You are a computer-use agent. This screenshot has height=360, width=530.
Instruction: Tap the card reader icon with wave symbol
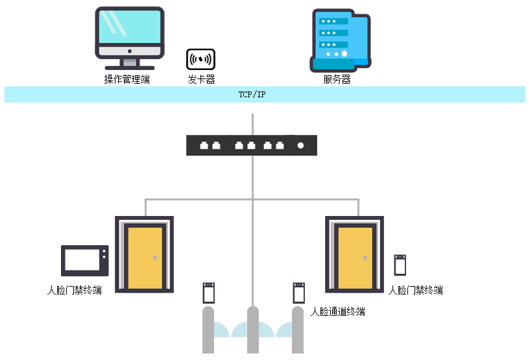[x=200, y=60]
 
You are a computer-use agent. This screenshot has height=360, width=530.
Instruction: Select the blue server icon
[x=340, y=40]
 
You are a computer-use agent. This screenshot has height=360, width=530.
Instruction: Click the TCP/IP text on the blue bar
[x=252, y=95]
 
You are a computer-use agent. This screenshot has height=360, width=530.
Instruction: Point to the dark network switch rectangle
[x=252, y=145]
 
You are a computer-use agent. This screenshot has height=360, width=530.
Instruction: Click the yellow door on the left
[x=145, y=258]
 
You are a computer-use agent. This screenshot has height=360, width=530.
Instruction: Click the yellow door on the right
[x=355, y=258]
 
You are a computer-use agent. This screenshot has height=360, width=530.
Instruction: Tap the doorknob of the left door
[x=155, y=258]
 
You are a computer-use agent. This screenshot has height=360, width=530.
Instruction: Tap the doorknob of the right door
[x=365, y=258]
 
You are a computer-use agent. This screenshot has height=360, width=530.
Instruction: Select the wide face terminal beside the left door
[x=84, y=261]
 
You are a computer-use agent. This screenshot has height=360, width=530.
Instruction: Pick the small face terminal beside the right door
[x=400, y=265]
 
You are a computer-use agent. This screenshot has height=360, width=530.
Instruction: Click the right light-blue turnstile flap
[x=275, y=331]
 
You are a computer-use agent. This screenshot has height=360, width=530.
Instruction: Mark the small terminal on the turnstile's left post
[x=209, y=293]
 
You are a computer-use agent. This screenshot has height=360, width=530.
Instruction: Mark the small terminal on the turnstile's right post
[x=299, y=293]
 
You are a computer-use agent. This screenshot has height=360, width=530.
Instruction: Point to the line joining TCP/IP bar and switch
[x=252, y=124]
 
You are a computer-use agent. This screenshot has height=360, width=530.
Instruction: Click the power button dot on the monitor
[x=130, y=51]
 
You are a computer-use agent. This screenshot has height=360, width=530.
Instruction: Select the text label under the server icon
[x=337, y=80]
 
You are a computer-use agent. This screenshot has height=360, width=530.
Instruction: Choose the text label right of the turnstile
[x=337, y=312]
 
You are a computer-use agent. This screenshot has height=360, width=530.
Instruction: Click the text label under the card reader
[x=201, y=80]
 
